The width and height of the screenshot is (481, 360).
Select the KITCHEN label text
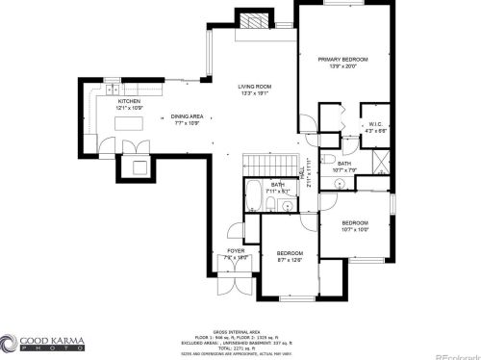[129, 100]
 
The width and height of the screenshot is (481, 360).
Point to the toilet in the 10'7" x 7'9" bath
[329, 160]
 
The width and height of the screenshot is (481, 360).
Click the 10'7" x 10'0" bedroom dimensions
[355, 229]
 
